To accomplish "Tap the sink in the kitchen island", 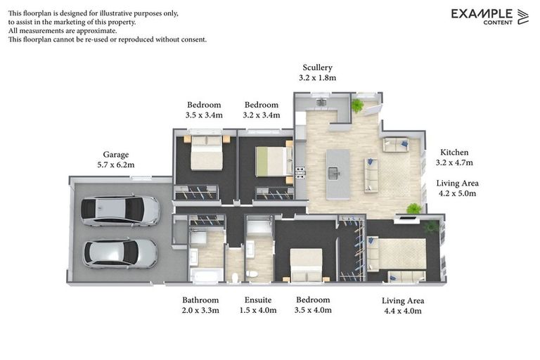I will click(334, 171).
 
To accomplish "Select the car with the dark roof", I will click(120, 210).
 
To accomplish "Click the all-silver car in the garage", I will click(120, 254).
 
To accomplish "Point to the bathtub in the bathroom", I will click(206, 275).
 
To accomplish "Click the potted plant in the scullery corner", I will click(357, 105).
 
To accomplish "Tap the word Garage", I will click(115, 155).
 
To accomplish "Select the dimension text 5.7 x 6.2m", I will click(115, 165).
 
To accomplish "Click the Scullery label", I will click(317, 67).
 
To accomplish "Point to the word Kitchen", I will click(454, 152).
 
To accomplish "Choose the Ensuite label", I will click(258, 300).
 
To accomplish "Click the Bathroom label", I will click(200, 300).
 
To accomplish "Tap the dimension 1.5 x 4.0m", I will click(258, 309).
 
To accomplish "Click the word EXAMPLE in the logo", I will click(482, 13).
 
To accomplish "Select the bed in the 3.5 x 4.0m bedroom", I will click(307, 264).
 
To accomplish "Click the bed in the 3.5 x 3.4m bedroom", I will click(207, 153).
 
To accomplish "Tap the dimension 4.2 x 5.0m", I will click(457, 193).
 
